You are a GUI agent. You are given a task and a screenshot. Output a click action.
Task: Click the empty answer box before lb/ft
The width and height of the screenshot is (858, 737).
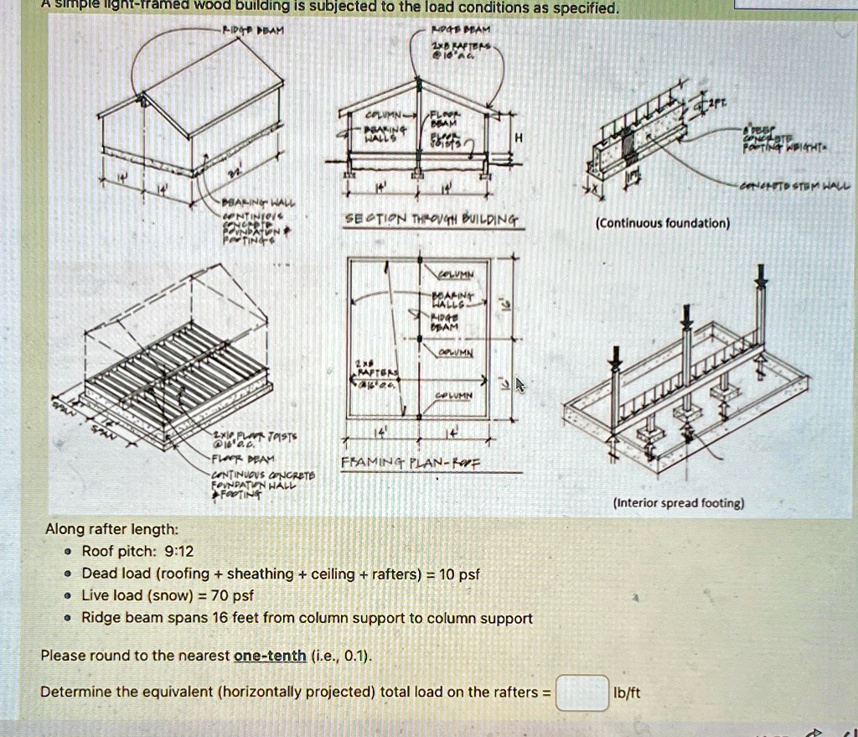(582, 693)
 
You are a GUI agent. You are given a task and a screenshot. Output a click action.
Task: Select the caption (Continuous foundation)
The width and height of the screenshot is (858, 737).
(662, 223)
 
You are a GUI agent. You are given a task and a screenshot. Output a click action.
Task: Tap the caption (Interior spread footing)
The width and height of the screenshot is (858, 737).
(679, 503)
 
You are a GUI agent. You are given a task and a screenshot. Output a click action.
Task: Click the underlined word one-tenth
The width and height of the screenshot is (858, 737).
(270, 656)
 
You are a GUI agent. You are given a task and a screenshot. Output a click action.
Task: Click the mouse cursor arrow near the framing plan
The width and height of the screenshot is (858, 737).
(519, 385)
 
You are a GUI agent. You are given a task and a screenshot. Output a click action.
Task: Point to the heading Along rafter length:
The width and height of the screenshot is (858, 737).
(111, 529)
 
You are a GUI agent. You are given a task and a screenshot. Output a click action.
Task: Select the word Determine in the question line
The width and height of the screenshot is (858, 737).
(75, 693)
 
